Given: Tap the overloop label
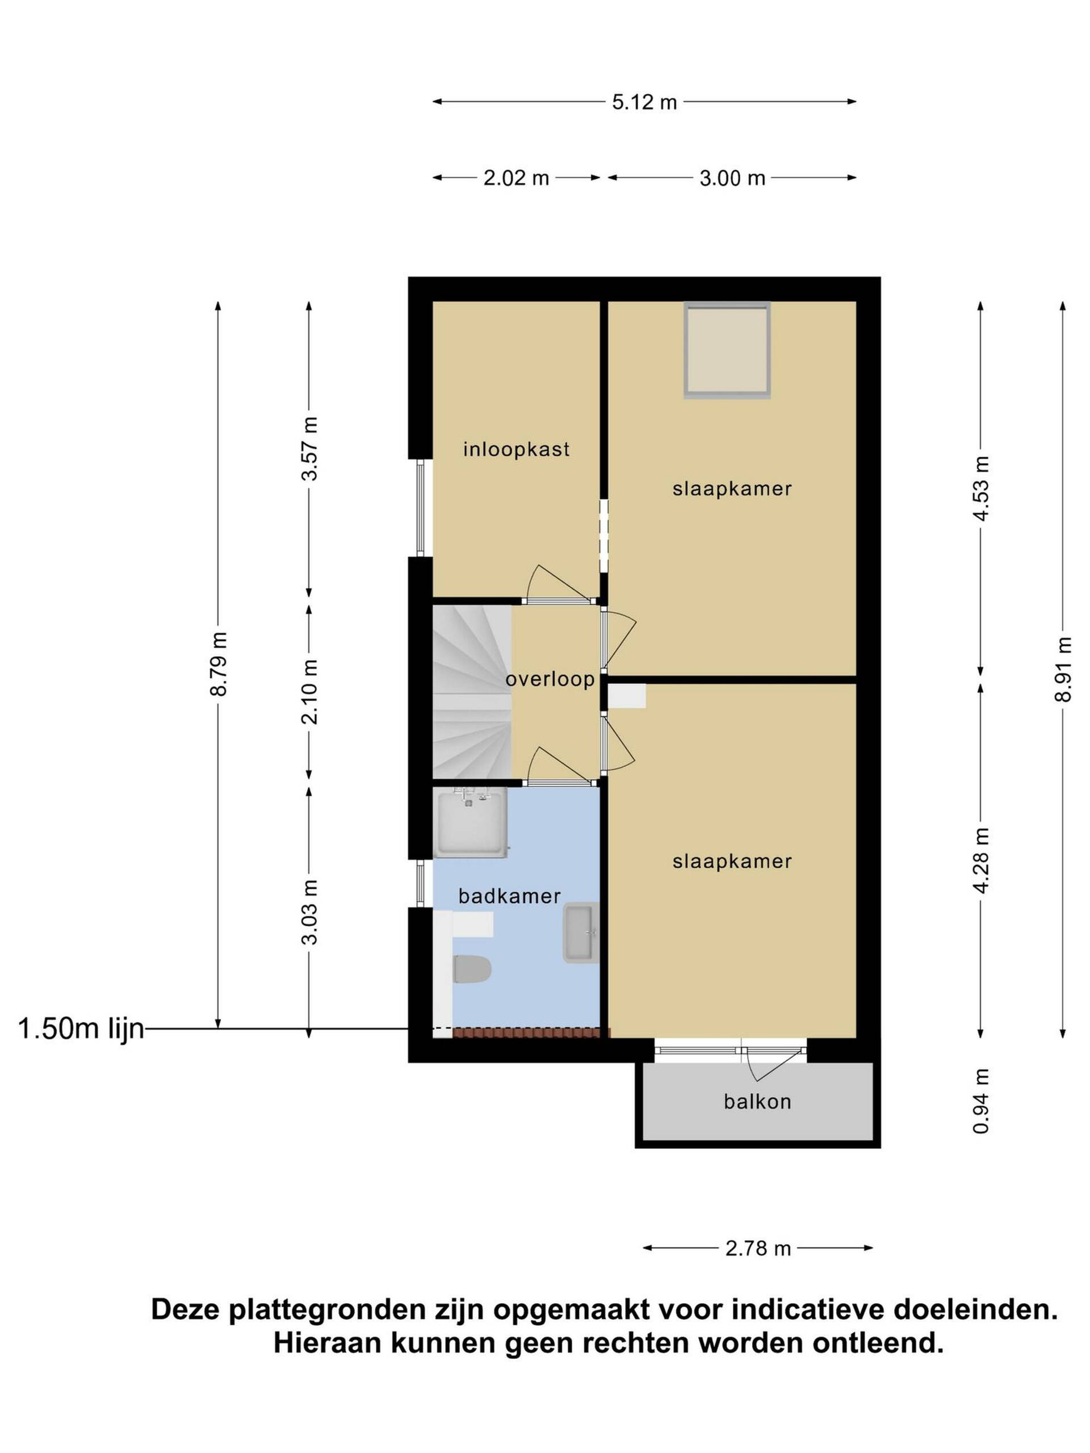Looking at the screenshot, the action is pos(550,679).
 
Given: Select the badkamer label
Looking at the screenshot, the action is pos(509,896).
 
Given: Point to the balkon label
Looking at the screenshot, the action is pos(757,1102).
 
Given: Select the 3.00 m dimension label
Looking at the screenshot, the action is pos(732,178).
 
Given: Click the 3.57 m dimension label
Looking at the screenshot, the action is pos(309,448).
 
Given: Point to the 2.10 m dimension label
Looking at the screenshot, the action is pos(309,692).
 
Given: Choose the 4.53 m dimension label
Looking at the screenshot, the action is pos(981,488).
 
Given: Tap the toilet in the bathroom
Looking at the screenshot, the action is pos(472,969).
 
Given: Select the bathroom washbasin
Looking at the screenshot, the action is pos(581,933).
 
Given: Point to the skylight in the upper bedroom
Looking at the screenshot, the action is pos(726,350).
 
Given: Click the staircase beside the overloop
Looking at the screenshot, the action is pos(472,692).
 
